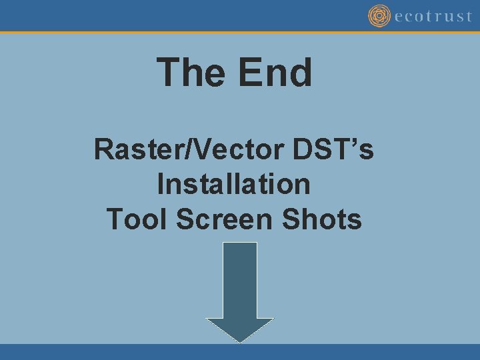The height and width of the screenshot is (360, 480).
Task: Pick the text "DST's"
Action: pos(333,149)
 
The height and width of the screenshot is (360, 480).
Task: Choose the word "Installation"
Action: pos(234,184)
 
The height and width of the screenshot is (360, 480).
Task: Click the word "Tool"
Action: pos(137,219)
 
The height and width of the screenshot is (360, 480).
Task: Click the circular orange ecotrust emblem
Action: pos(379,16)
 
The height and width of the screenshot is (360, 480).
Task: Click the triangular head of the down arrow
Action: pos(240,329)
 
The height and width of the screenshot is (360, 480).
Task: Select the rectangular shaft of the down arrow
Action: pos(240,280)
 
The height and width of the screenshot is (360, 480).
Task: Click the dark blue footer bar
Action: pos(240,352)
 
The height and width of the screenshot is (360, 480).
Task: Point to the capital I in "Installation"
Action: pos(161,184)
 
